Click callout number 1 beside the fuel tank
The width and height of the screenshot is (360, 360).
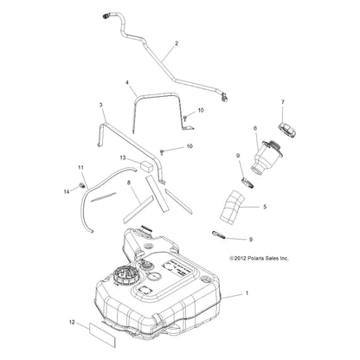click(247, 293)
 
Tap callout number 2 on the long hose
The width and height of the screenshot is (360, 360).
click(177, 43)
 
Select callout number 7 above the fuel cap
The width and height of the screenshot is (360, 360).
click(283, 102)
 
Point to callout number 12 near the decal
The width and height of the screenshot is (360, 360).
click(72, 322)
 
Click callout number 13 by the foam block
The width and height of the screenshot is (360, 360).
click(123, 157)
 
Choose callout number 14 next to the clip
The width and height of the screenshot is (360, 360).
click(67, 191)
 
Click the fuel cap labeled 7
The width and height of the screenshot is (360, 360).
click(287, 130)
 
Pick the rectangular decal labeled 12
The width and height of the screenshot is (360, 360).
click(102, 334)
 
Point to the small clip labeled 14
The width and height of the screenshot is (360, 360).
click(81, 185)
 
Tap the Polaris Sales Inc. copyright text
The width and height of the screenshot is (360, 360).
click(259, 259)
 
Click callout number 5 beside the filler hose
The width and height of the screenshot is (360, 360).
click(265, 207)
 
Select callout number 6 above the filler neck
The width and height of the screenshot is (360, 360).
click(255, 128)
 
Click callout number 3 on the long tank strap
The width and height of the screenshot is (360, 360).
click(100, 105)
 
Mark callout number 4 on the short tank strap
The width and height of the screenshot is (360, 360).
click(127, 82)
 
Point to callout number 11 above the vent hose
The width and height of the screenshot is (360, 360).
click(80, 167)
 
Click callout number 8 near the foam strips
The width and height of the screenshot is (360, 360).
click(129, 183)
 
